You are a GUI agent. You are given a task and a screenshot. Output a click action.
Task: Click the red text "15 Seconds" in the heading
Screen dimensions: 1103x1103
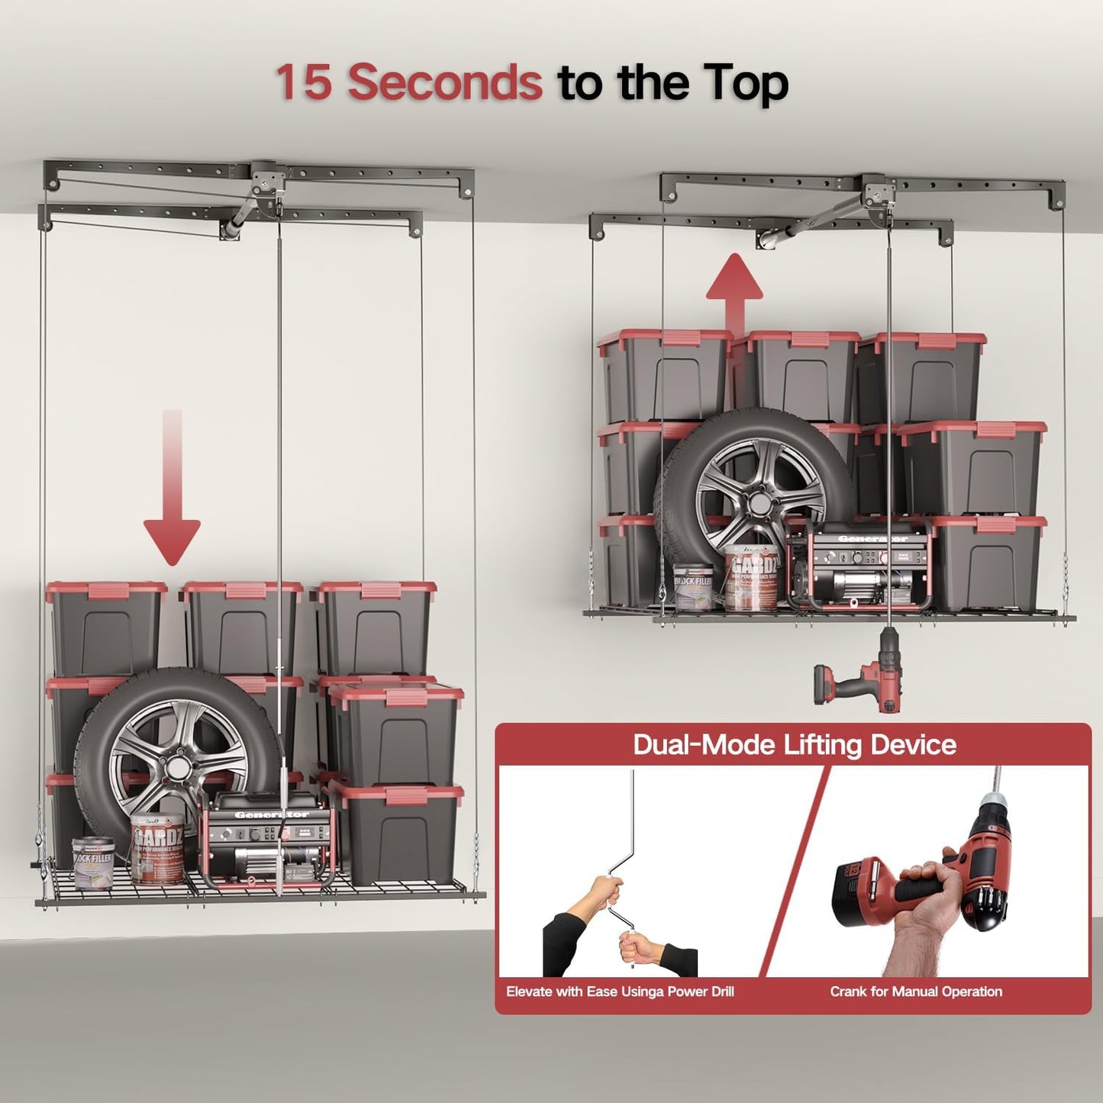pyautogui.click(x=408, y=82)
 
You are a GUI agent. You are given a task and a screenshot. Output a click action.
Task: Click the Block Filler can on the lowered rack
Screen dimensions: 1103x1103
pyautogui.click(x=93, y=863)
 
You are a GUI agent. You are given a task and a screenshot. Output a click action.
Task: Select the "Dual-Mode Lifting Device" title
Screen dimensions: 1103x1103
pyautogui.click(x=794, y=744)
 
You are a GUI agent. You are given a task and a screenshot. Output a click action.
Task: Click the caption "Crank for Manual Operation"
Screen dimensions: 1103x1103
pyautogui.click(x=916, y=992)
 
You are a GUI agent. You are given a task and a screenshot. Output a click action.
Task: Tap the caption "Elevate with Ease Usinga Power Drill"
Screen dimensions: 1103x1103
pyautogui.click(x=620, y=992)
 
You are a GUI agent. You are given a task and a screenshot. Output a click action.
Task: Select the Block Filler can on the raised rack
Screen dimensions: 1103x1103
pyautogui.click(x=693, y=587)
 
